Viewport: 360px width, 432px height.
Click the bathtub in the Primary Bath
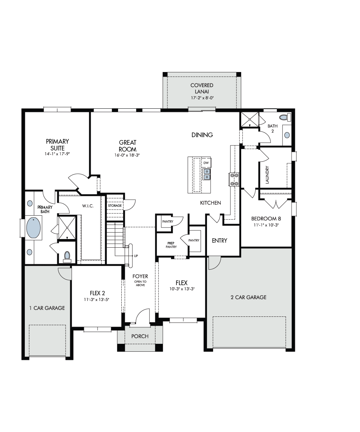click(33, 228)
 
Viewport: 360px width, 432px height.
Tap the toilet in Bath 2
click(285, 117)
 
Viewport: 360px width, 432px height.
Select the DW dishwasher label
click(206, 163)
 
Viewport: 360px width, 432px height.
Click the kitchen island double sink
click(207, 174)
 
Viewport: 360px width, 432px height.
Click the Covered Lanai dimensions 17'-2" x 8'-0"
click(202, 98)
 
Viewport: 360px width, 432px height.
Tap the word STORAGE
click(115, 206)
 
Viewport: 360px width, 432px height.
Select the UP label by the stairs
click(136, 256)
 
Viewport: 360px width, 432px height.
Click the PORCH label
click(140, 336)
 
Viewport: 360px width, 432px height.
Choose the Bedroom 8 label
click(266, 219)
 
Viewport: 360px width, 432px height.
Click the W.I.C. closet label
click(88, 206)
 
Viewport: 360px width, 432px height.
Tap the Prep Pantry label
click(171, 245)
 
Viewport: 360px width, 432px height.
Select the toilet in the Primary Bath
click(67, 256)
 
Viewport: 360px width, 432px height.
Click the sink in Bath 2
click(287, 135)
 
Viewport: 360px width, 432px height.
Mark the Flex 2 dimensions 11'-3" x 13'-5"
click(96, 300)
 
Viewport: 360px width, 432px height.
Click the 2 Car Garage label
click(248, 297)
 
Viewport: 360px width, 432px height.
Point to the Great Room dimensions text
click(127, 155)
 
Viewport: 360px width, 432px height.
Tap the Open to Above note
click(140, 283)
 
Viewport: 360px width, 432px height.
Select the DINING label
click(202, 135)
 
